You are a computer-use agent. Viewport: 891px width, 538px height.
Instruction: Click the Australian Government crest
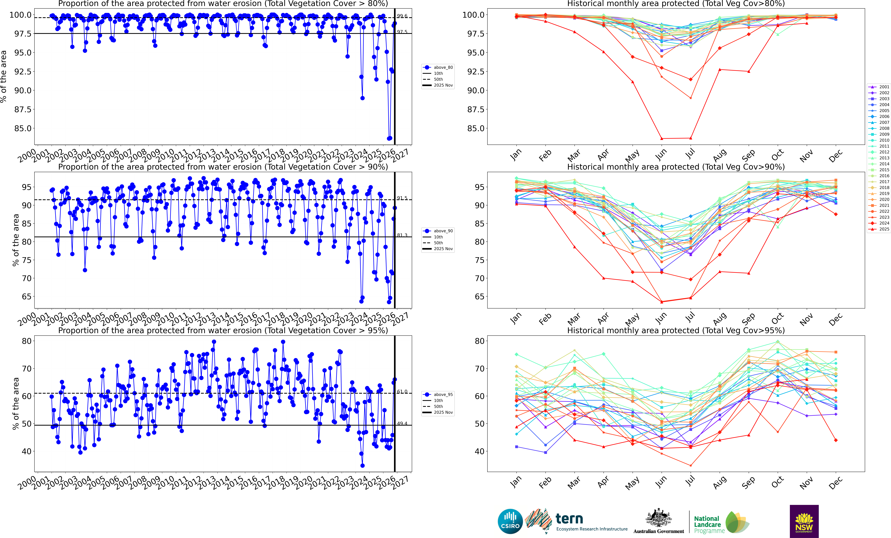pyautogui.click(x=658, y=518)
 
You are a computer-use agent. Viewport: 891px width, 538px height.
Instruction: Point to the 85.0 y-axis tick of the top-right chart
pyautogui.click(x=475, y=128)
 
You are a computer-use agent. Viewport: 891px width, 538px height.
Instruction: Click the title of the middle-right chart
pyautogui.click(x=676, y=167)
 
